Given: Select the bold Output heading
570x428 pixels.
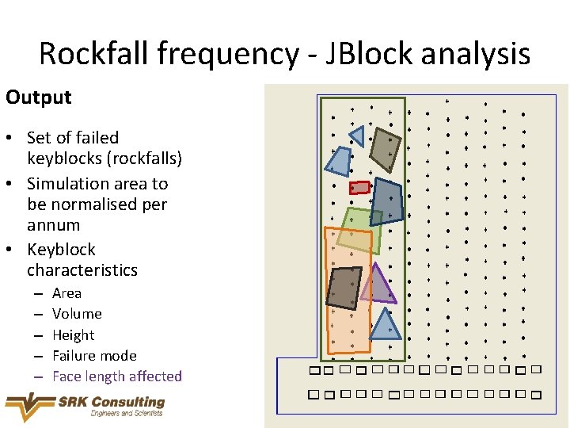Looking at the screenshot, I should click(38, 97).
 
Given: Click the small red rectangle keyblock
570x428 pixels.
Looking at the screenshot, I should click(359, 188).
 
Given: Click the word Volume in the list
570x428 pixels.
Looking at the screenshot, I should click(77, 314).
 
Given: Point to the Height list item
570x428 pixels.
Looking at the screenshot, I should click(73, 335).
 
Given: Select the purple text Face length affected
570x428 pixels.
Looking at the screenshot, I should click(117, 376).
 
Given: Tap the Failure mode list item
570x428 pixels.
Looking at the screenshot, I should click(94, 356).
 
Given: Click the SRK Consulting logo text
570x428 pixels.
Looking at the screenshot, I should click(111, 403).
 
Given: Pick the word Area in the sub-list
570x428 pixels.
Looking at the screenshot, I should click(66, 293).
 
